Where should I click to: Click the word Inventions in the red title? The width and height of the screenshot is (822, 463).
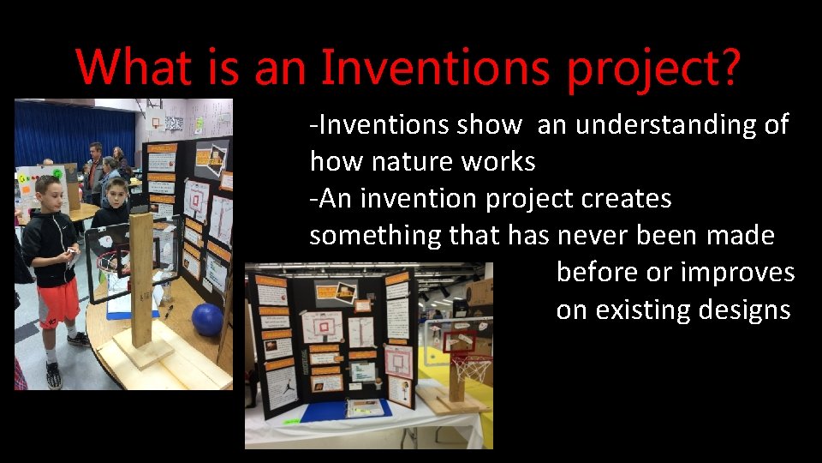coord(435,66)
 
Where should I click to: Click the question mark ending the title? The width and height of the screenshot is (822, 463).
coord(726,66)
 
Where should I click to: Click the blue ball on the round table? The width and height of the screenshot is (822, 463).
coord(207,319)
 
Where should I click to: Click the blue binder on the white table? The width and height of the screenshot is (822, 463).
coord(347,409)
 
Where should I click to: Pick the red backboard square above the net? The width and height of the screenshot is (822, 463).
coord(467,341)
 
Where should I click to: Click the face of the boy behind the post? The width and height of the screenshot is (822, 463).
coord(116,193)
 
